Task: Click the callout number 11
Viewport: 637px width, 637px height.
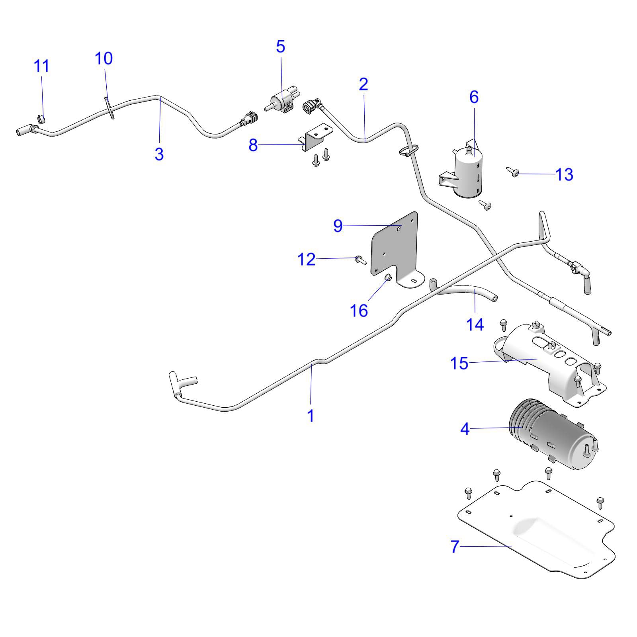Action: [42, 66]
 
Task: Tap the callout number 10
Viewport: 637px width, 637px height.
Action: [104, 59]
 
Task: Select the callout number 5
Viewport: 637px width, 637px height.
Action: [281, 47]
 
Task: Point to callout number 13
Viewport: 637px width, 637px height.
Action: [564, 174]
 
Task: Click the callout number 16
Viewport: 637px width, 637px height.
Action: [359, 311]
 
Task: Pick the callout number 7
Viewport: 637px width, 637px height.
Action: [455, 547]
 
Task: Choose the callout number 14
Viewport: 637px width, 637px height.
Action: [475, 324]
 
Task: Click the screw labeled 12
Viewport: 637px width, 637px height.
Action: [360, 260]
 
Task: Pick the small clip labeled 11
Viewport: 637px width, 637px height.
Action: [41, 119]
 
